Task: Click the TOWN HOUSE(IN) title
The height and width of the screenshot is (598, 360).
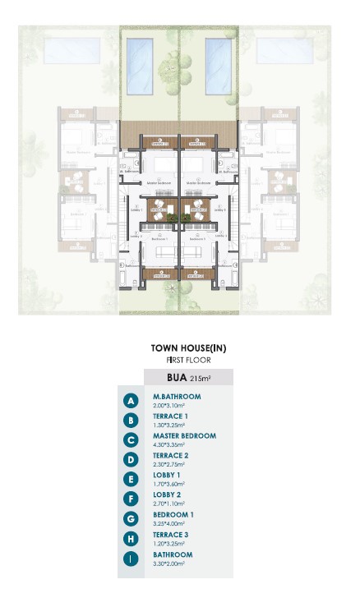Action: (x=188, y=348)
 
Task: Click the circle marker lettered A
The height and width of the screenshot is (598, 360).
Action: (x=130, y=401)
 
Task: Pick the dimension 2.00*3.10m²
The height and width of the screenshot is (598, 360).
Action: (x=169, y=406)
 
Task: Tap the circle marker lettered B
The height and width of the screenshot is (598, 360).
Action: (x=130, y=421)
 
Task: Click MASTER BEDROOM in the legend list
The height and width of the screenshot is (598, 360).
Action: (x=185, y=436)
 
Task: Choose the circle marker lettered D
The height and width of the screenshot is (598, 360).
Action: (x=130, y=460)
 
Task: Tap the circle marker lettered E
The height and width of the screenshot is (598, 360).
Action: (x=130, y=480)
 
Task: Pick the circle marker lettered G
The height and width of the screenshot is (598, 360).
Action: (x=130, y=519)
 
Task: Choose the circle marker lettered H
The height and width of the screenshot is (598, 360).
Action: (x=130, y=539)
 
